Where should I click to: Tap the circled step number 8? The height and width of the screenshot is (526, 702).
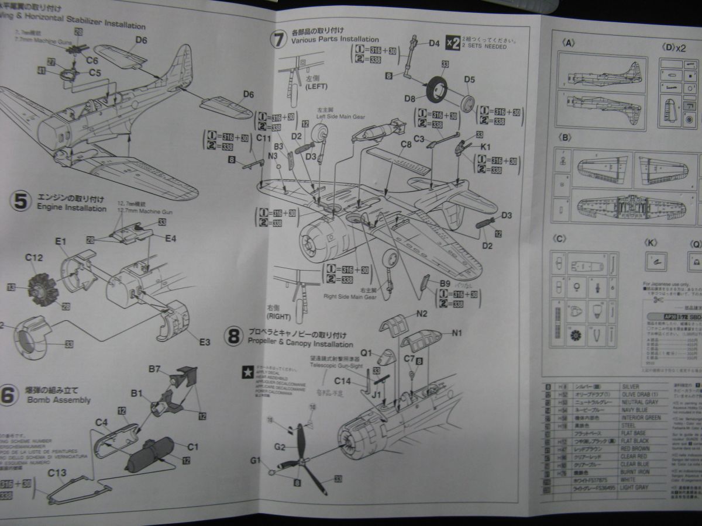234,336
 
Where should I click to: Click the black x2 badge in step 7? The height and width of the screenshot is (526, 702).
452,42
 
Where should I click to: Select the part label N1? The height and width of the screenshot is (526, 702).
457,334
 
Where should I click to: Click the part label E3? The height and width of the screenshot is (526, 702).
204,342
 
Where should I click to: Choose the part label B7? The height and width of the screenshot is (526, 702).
154,369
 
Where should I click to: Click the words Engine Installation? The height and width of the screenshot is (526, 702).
71,208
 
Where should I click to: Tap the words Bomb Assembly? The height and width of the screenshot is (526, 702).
58,400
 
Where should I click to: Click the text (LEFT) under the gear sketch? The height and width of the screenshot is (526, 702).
316,86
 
